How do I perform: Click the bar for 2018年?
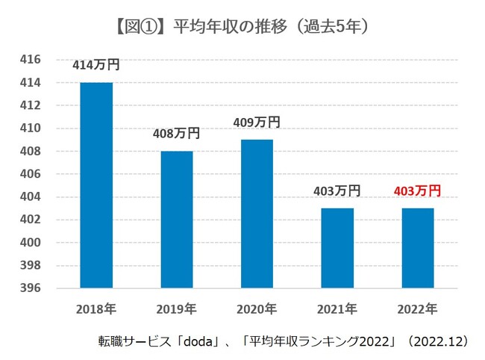click(x=96, y=185)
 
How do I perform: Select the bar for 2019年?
click(x=177, y=220)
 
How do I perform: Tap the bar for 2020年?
click(x=257, y=214)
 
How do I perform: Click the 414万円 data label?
click(x=96, y=65)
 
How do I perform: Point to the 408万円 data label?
click(x=177, y=134)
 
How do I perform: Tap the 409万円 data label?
click(x=257, y=122)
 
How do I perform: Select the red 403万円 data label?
click(x=417, y=191)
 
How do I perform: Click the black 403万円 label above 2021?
click(x=337, y=191)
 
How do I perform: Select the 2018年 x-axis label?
click(x=96, y=308)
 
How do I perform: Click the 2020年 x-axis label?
click(x=257, y=308)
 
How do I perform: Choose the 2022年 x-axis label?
click(x=417, y=308)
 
